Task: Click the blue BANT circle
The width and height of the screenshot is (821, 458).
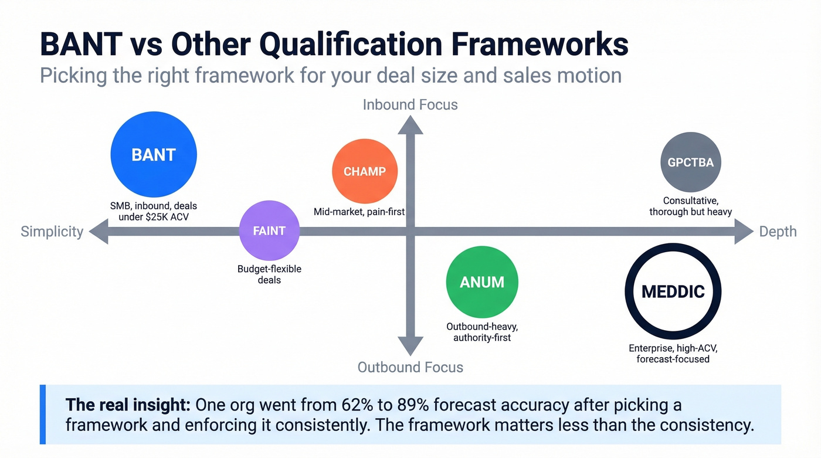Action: click(154, 155)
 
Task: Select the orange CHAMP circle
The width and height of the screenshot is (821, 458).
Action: click(365, 171)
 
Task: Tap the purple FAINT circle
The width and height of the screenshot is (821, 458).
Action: click(269, 231)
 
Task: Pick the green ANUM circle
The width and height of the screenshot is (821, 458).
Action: click(481, 282)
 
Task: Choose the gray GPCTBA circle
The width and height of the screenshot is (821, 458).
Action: click(691, 162)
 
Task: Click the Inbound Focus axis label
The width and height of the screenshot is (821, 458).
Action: click(410, 105)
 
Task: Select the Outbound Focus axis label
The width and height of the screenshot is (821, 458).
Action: click(410, 368)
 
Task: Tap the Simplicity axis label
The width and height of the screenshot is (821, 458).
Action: click(52, 232)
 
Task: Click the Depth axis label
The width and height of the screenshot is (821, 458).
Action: click(778, 232)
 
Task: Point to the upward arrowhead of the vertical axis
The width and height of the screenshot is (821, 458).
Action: click(410, 124)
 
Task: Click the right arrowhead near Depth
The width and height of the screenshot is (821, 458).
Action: click(743, 232)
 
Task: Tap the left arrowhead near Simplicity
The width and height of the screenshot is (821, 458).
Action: click(98, 232)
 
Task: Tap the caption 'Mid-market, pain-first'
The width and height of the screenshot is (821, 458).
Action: click(359, 212)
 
